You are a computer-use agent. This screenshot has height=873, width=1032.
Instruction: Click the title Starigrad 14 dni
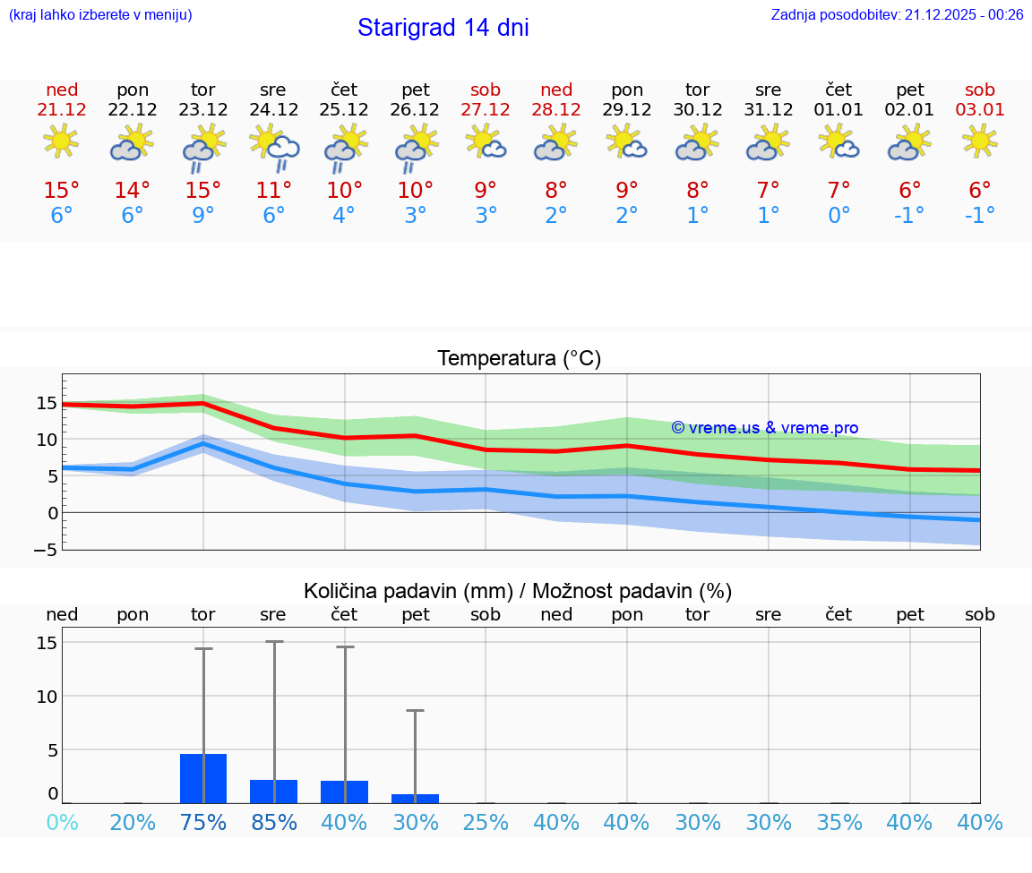tap(443, 28)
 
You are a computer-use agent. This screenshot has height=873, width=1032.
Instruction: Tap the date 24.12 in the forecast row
tap(273, 110)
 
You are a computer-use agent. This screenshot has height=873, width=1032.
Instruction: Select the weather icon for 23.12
tap(203, 148)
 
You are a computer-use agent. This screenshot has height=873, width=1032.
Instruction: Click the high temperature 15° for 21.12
tap(62, 190)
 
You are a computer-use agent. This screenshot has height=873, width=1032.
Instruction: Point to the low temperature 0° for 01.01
tap(838, 215)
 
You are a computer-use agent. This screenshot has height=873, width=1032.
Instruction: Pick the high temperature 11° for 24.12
tap(273, 190)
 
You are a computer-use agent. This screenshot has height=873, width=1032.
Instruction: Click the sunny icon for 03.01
tap(979, 141)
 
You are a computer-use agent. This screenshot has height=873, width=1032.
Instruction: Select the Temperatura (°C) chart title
tap(519, 359)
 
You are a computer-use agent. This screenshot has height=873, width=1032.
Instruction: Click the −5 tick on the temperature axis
tap(46, 550)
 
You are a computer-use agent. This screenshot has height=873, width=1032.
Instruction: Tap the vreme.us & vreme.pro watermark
tap(764, 428)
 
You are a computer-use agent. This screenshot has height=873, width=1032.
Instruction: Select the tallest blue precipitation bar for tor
tap(203, 778)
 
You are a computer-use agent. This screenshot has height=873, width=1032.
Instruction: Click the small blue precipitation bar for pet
tap(415, 798)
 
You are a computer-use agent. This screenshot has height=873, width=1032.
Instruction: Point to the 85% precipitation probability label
tap(273, 823)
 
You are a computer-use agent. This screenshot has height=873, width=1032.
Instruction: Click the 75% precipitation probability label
tap(203, 823)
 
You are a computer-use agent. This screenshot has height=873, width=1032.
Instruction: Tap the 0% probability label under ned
tap(62, 823)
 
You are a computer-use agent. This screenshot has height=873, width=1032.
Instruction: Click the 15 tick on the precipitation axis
tap(47, 643)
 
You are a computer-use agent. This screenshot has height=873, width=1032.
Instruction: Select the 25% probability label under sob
tap(486, 823)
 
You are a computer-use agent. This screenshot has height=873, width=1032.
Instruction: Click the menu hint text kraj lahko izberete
tap(99, 14)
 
